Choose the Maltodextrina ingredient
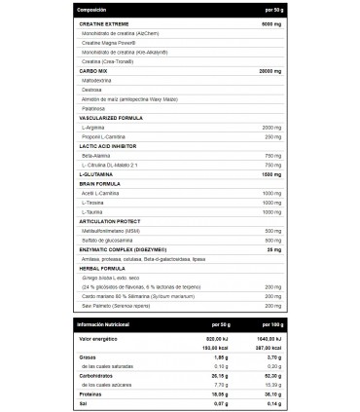click(103, 82)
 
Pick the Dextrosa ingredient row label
click(97, 94)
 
